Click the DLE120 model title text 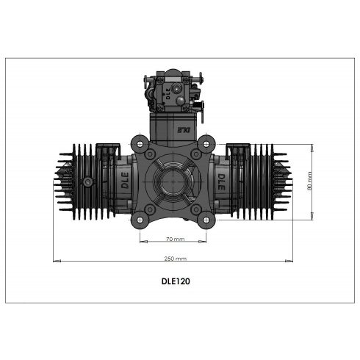pyautogui.click(x=176, y=280)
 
